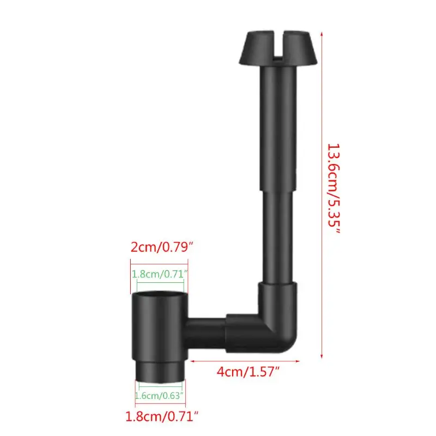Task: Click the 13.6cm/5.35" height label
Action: pos(334,189)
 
